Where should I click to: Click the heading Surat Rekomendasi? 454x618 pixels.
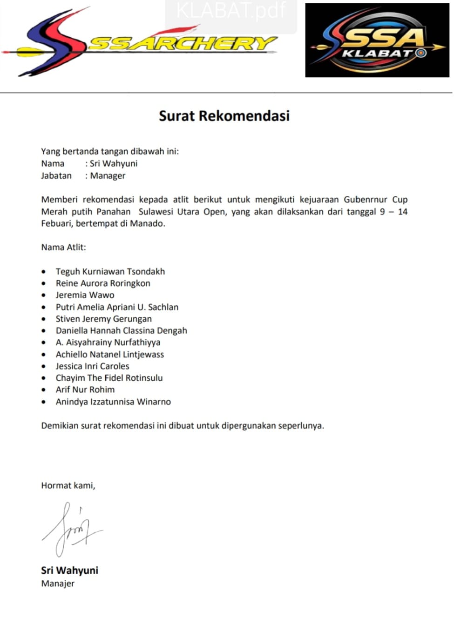pyautogui.click(x=224, y=115)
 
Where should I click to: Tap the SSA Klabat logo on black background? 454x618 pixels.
pyautogui.click(x=377, y=40)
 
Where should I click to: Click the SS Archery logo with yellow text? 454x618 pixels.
pyautogui.click(x=140, y=42)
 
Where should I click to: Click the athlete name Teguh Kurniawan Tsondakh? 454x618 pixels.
pyautogui.click(x=110, y=271)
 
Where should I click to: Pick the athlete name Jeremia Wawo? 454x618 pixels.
pyautogui.click(x=85, y=295)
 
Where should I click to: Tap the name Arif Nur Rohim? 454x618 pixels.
pyautogui.click(x=85, y=390)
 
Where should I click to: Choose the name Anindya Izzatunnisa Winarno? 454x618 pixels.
pyautogui.click(x=113, y=402)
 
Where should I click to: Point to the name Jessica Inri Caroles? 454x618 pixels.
pyautogui.click(x=92, y=366)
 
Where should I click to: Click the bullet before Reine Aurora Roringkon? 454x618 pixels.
pyautogui.click(x=44, y=283)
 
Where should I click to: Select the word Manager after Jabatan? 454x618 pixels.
pyautogui.click(x=108, y=176)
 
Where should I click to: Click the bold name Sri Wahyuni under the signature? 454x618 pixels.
pyautogui.click(x=69, y=570)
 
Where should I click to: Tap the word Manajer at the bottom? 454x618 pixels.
pyautogui.click(x=58, y=584)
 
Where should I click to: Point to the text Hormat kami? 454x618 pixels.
pyautogui.click(x=68, y=485)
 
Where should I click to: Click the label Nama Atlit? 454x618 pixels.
pyautogui.click(x=63, y=247)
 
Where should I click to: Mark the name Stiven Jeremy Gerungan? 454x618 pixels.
pyautogui.click(x=103, y=319)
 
